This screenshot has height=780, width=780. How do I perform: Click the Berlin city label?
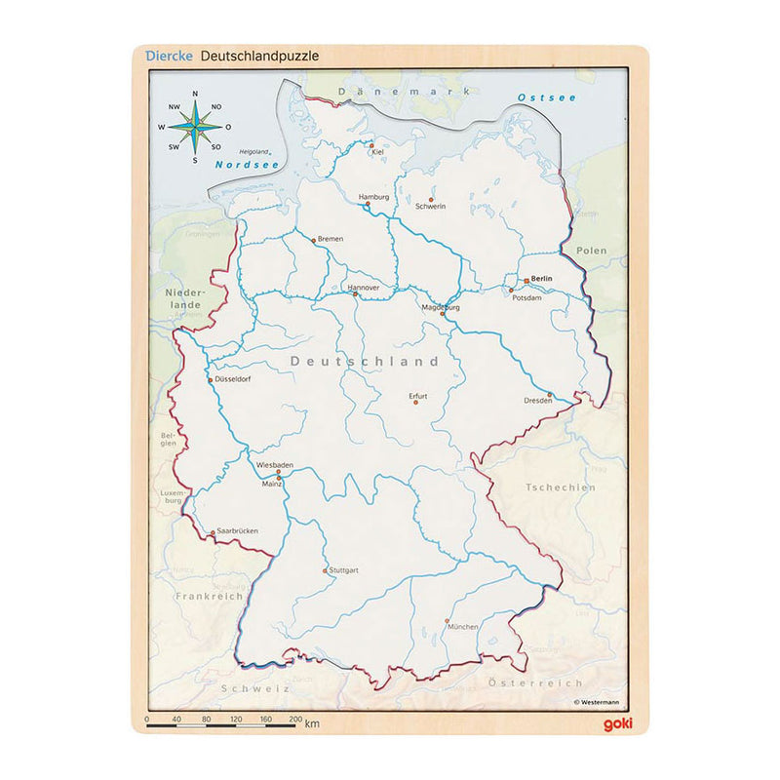pyautogui.click(x=542, y=278)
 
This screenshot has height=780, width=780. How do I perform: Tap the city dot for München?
pyautogui.click(x=448, y=621)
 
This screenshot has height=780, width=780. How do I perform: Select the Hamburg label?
pyautogui.click(x=374, y=197)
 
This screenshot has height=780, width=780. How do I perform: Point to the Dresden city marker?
pyautogui.click(x=550, y=395)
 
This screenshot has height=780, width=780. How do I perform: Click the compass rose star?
pyautogui.click(x=195, y=127)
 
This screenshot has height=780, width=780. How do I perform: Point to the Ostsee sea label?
pyautogui.click(x=547, y=97)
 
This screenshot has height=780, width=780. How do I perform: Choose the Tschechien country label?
pyautogui.click(x=561, y=487)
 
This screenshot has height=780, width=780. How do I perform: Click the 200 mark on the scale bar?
pyautogui.click(x=296, y=719)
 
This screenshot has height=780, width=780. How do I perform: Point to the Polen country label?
pyautogui.click(x=591, y=251)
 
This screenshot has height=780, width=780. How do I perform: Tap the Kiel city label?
pyautogui.click(x=377, y=151)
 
